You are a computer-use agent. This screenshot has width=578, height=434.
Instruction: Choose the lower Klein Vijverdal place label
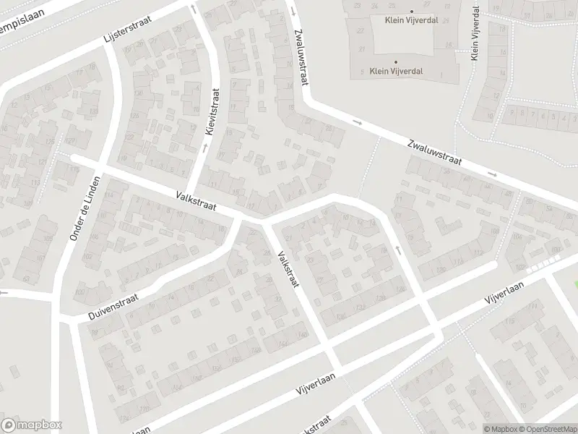coord(396,71)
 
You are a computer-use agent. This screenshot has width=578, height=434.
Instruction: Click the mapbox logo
coord(31,425)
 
